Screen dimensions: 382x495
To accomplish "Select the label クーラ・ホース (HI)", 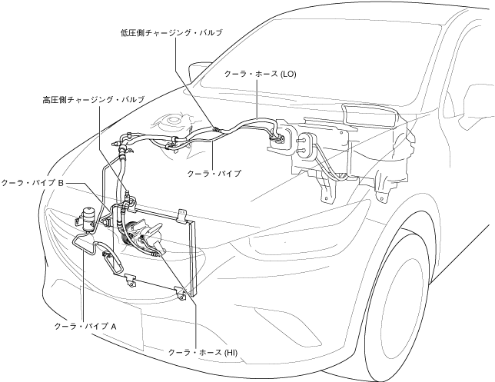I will click(204, 351).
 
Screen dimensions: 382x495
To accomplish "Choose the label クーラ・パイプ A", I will click(85, 326).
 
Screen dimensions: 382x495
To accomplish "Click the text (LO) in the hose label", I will click(288, 75).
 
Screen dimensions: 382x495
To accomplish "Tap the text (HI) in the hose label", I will click(232, 351).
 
